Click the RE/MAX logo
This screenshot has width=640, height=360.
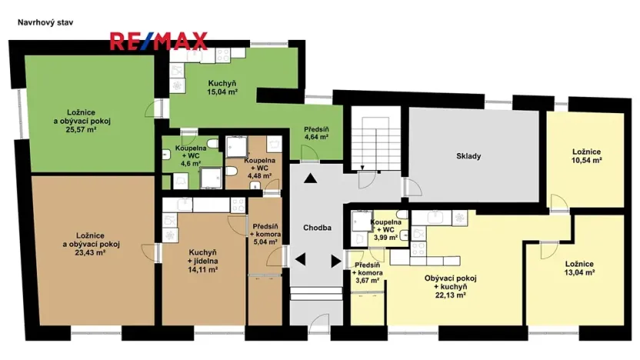coord(158,41)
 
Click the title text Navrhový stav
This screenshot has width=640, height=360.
coord(45,23)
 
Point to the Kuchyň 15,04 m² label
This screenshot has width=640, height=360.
coord(222,88)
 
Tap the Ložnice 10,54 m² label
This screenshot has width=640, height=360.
coord(586,155)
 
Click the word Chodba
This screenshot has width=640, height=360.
coord(317,228)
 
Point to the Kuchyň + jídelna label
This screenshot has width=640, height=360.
coord(202,261)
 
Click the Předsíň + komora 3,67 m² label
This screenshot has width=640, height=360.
coord(366,272)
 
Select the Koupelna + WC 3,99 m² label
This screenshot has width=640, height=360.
coord(385,229)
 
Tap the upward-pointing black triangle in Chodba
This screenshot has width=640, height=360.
coord(310,179)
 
